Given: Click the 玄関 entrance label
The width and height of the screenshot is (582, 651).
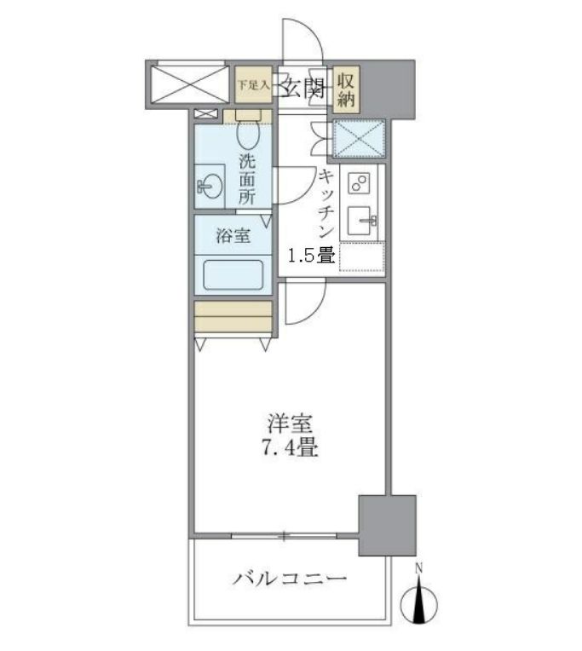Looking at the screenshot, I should click(301, 87).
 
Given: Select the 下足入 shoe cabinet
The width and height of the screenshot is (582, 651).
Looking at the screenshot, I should click(253, 85).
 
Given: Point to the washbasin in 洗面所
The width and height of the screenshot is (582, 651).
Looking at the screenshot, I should click(209, 187).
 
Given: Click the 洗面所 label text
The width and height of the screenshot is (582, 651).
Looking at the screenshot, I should click(246, 179).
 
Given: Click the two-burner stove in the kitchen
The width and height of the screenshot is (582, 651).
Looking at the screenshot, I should click(359, 184).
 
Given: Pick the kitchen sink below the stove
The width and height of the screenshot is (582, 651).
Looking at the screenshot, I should click(363, 223).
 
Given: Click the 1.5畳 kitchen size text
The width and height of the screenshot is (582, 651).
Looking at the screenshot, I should click(309, 255).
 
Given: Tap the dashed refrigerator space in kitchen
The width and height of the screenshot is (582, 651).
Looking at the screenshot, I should click(362, 257).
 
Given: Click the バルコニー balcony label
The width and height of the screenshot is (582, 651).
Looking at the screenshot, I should click(290, 579).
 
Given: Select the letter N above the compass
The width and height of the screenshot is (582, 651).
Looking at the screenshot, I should click(418, 568).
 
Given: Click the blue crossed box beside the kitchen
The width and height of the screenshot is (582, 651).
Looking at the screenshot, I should click(359, 138).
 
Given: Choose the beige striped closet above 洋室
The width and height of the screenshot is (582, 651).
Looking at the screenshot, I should click(233, 317).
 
